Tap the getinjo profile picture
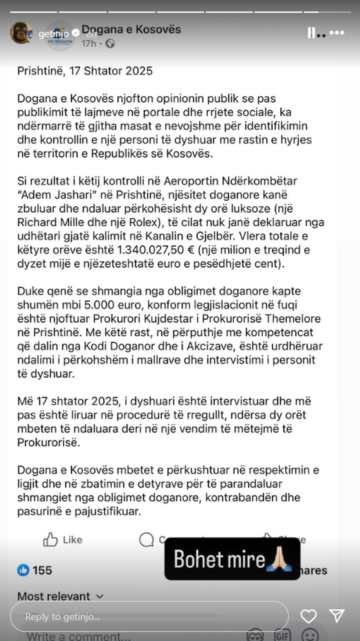tap(21, 33)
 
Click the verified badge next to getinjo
tap(76, 33)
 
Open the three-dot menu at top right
tap(336, 33)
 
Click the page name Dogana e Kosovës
tap(131, 29)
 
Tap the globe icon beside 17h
tap(110, 44)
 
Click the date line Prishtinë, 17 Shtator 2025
tap(85, 71)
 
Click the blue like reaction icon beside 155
tap(23, 570)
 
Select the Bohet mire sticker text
tap(219, 559)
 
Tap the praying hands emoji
tap(281, 559)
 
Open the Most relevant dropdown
tap(60, 596)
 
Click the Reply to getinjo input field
tap(149, 616)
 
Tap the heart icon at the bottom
tap(308, 616)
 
